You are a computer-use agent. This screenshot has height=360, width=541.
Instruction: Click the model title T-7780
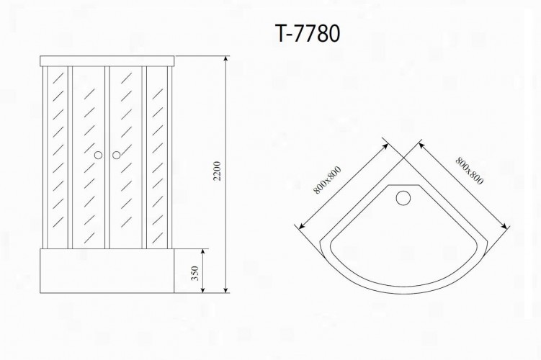[x=308, y=33]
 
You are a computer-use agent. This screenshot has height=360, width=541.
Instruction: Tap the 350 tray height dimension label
[x=195, y=273]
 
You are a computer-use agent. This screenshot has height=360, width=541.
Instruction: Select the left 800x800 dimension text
[x=328, y=180]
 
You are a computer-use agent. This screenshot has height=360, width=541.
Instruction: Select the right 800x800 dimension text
[x=469, y=171]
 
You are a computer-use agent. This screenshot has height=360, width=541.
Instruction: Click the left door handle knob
[x=99, y=156]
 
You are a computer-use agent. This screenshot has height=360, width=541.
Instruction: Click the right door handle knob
[x=116, y=156]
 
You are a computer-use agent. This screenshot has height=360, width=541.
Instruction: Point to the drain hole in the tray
[x=403, y=198]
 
